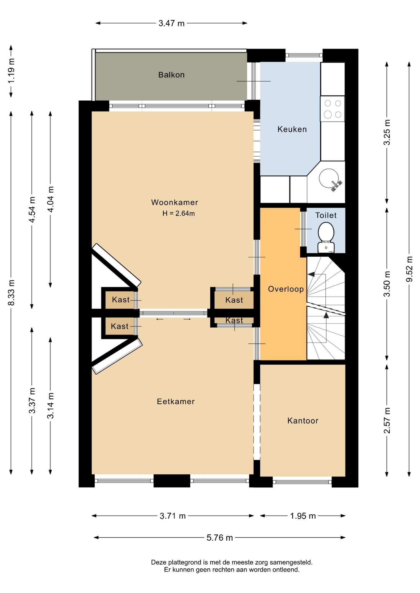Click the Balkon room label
pyautogui.click(x=171, y=75)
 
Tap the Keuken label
pyautogui.click(x=292, y=129)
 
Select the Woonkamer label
pyautogui.click(x=174, y=202)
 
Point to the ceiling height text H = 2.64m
pyautogui.click(x=178, y=213)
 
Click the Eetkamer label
pyautogui.click(x=176, y=402)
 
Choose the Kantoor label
pyautogui.click(x=303, y=421)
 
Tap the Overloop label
pyautogui.click(x=286, y=289)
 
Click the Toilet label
pyautogui.click(x=326, y=215)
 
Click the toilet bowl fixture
pyautogui.click(x=326, y=238)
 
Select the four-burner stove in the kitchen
pyautogui.click(x=332, y=109)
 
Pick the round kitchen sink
pyautogui.click(x=328, y=178)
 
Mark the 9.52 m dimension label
pyautogui.click(x=409, y=269)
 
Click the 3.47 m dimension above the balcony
pyautogui.click(x=171, y=23)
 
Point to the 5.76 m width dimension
pyautogui.click(x=220, y=538)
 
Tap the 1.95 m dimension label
pyautogui.click(x=303, y=516)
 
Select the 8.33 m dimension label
pyautogui.click(x=11, y=292)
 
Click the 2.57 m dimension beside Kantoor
pyautogui.click(x=387, y=421)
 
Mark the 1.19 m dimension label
pyautogui.click(x=11, y=71)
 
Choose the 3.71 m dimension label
pyautogui.click(x=173, y=516)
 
